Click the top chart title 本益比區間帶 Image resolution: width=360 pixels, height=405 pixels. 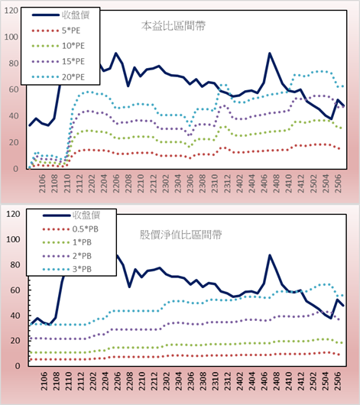[x=174, y=26]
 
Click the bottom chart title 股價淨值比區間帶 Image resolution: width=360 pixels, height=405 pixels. [x=180, y=235]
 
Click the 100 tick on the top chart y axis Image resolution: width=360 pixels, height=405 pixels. [x=11, y=37]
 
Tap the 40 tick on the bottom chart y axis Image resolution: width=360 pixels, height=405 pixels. [x=15, y=316]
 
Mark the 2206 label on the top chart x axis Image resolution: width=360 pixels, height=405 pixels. [x=116, y=183]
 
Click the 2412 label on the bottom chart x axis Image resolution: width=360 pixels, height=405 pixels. [x=301, y=381]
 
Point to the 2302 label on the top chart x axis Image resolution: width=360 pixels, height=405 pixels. [x=166, y=183]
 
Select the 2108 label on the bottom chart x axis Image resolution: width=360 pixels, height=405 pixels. [x=56, y=381]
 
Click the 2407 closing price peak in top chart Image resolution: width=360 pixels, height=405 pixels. [x=270, y=53]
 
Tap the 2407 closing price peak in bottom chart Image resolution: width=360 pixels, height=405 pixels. [x=270, y=255]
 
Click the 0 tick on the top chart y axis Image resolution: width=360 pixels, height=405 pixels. [x=15, y=169]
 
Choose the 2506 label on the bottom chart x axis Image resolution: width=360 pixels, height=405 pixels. [x=338, y=381]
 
